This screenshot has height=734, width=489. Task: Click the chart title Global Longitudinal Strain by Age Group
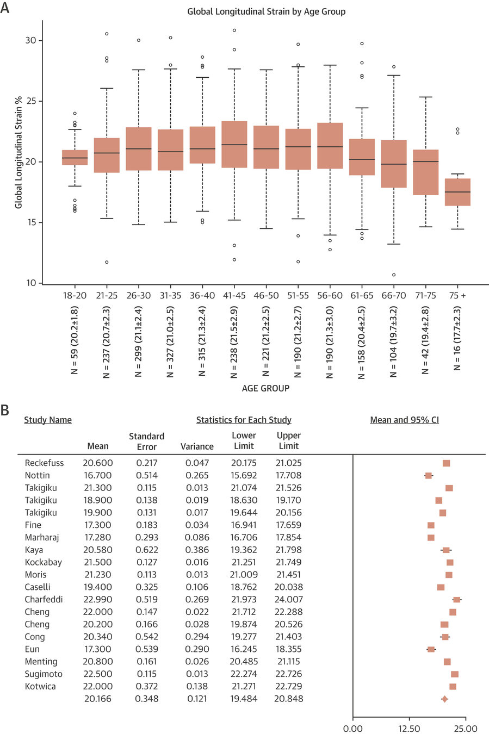pyautogui.click(x=266, y=11)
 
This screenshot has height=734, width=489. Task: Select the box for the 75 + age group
pyautogui.click(x=457, y=192)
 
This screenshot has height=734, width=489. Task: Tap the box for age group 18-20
pyautogui.click(x=75, y=158)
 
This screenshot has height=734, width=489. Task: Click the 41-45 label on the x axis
pyautogui.click(x=234, y=296)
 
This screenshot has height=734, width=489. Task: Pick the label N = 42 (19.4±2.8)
pyautogui.click(x=426, y=339)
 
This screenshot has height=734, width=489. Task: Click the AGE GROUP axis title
pyautogui.click(x=265, y=389)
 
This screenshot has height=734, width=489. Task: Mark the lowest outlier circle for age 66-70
pyautogui.click(x=394, y=275)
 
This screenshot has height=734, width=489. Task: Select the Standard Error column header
pyautogui.click(x=146, y=441)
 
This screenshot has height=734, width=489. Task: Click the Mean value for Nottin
pyautogui.click(x=98, y=475)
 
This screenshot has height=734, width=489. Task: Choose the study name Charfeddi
pyautogui.click(x=44, y=599)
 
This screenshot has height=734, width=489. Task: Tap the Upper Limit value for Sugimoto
pyautogui.click(x=288, y=674)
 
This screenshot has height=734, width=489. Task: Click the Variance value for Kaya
pyautogui.click(x=197, y=550)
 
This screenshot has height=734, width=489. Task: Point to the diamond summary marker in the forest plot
pyautogui.click(x=444, y=699)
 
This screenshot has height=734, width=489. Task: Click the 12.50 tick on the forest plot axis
pyautogui.click(x=409, y=729)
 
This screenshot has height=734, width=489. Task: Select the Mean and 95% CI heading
pyautogui.click(x=404, y=420)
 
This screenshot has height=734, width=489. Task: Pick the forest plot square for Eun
pyautogui.click(x=431, y=649)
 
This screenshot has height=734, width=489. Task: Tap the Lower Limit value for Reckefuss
pyautogui.click(x=243, y=463)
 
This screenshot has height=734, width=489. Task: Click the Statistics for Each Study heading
pyautogui.click(x=244, y=420)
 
